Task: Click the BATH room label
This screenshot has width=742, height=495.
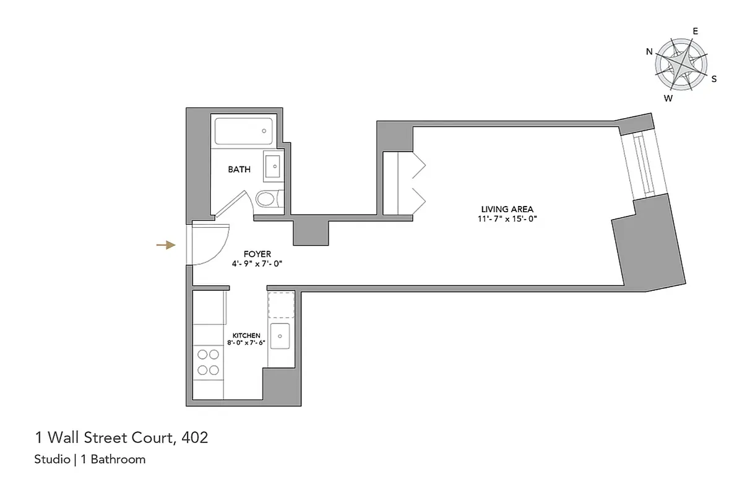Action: tap(239, 169)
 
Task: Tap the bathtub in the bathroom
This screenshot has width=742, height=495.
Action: tap(244, 132)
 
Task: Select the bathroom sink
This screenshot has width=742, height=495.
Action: tap(272, 166)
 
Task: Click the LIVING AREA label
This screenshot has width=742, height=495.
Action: tap(507, 209)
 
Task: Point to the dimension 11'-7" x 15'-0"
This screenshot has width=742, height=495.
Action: tap(507, 219)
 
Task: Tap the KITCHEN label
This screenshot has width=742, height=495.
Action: tap(246, 335)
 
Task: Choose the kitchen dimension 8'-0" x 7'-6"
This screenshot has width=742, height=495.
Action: tap(246, 343)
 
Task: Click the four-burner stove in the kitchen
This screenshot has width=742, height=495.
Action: tap(208, 362)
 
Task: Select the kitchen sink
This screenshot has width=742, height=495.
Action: tap(281, 337)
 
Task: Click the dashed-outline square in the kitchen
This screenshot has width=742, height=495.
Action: tap(281, 304)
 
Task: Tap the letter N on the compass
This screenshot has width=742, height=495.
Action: tap(649, 52)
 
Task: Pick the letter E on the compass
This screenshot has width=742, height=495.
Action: tap(695, 31)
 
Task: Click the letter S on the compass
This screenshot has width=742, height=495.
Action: tap(714, 79)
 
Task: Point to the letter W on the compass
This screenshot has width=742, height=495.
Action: tap(668, 98)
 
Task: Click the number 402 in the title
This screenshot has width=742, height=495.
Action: tap(195, 439)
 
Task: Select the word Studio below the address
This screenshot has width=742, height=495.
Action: tap(51, 460)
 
